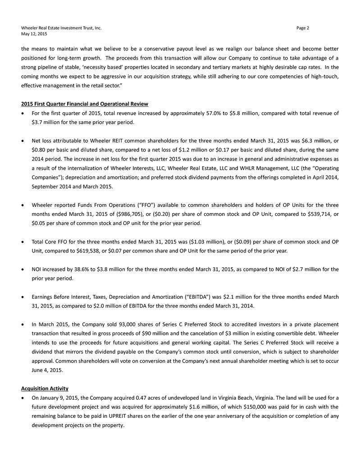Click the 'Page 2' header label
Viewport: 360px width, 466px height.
(x=303, y=28)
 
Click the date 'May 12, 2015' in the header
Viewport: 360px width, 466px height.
(x=34, y=34)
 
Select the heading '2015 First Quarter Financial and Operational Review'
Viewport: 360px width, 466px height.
(x=85, y=105)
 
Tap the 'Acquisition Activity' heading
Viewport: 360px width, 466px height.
(x=44, y=388)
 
